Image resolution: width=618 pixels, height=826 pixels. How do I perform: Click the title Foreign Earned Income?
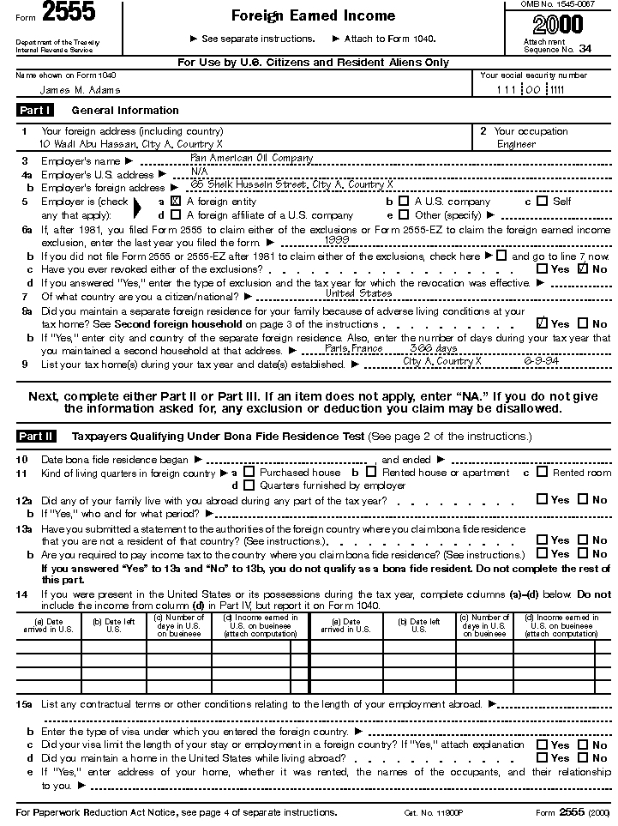(301, 15)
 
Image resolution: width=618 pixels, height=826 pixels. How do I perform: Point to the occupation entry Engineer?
(516, 144)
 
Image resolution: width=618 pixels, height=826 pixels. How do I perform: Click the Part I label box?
(35, 110)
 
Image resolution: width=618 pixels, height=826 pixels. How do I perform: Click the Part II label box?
(35, 436)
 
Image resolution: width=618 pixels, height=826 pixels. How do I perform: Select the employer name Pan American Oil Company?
(251, 159)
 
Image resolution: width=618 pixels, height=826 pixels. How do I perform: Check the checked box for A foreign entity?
(176, 201)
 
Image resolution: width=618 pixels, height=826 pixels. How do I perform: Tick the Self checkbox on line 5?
(542, 201)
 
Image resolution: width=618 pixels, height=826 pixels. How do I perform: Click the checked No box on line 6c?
(583, 268)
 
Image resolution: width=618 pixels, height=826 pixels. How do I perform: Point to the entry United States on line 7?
(359, 293)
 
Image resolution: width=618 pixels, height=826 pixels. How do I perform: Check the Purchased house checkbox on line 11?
(249, 471)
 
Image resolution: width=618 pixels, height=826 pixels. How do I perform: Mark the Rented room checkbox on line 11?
(542, 471)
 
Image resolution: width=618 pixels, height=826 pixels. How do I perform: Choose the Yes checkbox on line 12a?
(542, 498)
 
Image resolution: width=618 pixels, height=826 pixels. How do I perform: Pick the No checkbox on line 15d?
(583, 757)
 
